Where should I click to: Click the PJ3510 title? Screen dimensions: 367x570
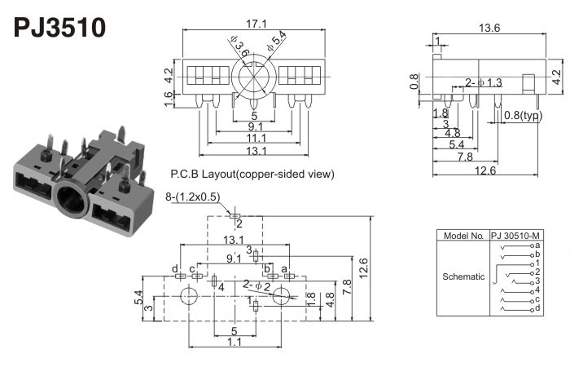(59, 28)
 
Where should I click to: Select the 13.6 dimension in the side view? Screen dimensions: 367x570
(489, 29)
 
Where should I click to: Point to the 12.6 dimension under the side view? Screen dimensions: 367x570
(487, 170)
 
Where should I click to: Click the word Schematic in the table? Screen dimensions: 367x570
(463, 276)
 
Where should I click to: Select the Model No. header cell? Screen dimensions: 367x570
(463, 236)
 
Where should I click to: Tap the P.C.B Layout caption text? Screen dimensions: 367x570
(252, 174)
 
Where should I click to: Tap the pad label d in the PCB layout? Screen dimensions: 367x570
(174, 268)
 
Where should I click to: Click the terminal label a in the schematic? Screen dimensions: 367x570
(538, 245)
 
